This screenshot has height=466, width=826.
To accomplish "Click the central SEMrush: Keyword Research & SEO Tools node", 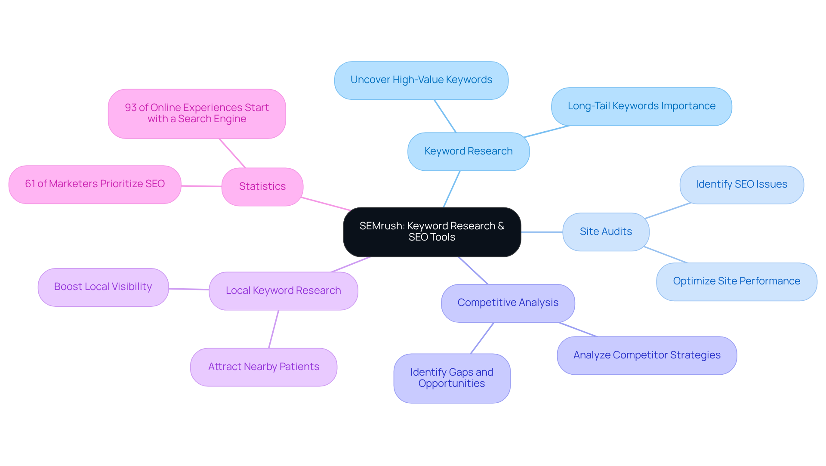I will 432,232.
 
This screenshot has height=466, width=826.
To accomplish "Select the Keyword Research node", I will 468,151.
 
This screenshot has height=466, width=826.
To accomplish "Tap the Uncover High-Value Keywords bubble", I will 421,80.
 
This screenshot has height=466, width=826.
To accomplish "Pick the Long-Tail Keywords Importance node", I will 641,107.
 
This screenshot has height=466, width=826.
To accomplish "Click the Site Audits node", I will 605,232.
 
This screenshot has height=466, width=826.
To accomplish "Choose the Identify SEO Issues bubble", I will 741,185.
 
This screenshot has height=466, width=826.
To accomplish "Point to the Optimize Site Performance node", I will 736,281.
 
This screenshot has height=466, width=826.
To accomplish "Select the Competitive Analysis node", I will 508,303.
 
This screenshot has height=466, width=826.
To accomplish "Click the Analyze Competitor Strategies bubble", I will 647,355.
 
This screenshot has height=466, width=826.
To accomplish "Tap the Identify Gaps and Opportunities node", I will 452,378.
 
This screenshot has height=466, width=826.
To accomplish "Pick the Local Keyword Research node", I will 283,291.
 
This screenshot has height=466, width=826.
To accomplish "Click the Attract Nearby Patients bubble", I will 263,367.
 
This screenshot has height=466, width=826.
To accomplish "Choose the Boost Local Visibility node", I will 103,287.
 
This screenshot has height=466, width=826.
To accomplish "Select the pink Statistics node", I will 262,187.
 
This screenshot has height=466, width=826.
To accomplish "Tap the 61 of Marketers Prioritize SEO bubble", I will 95,184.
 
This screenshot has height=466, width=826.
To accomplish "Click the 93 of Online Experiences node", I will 197,114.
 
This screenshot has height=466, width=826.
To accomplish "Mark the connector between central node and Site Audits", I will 542,232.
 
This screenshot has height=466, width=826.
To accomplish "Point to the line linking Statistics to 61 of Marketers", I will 201,186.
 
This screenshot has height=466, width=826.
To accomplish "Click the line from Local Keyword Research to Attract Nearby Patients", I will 274,329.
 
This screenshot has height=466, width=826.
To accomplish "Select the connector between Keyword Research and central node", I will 452,189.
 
